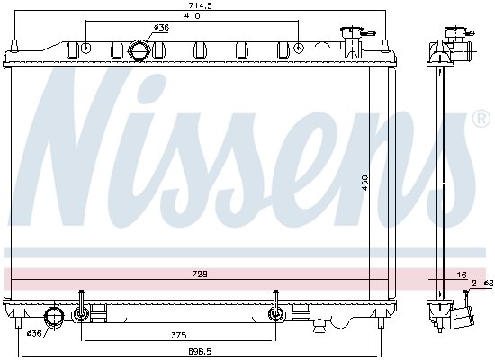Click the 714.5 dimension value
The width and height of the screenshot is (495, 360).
coord(200,5)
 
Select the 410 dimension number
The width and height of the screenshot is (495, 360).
coord(193,15)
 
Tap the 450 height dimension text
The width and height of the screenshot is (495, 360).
coord(364,183)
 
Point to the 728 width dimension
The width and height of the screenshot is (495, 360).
coord(200,274)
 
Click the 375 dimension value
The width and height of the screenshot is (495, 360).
coord(179,335)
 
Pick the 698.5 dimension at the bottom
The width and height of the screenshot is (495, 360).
coord(200,351)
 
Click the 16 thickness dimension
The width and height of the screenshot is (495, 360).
coord(462,274)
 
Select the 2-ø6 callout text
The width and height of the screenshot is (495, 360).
coord(482,283)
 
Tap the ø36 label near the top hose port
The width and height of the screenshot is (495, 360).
coord(161,28)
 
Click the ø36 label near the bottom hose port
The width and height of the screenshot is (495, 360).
coord(35,333)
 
